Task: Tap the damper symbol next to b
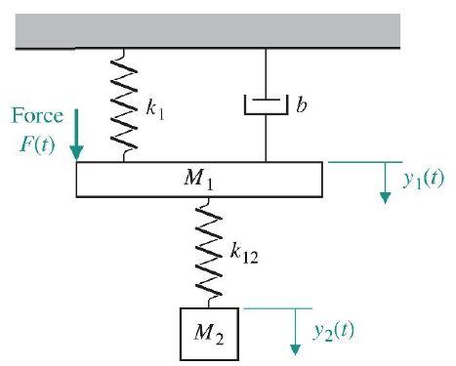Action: pos(267,102)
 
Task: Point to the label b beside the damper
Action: pos(304,101)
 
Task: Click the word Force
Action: pos(36,116)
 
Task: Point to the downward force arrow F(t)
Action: pos(77,143)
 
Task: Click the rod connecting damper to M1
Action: pos(267,137)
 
